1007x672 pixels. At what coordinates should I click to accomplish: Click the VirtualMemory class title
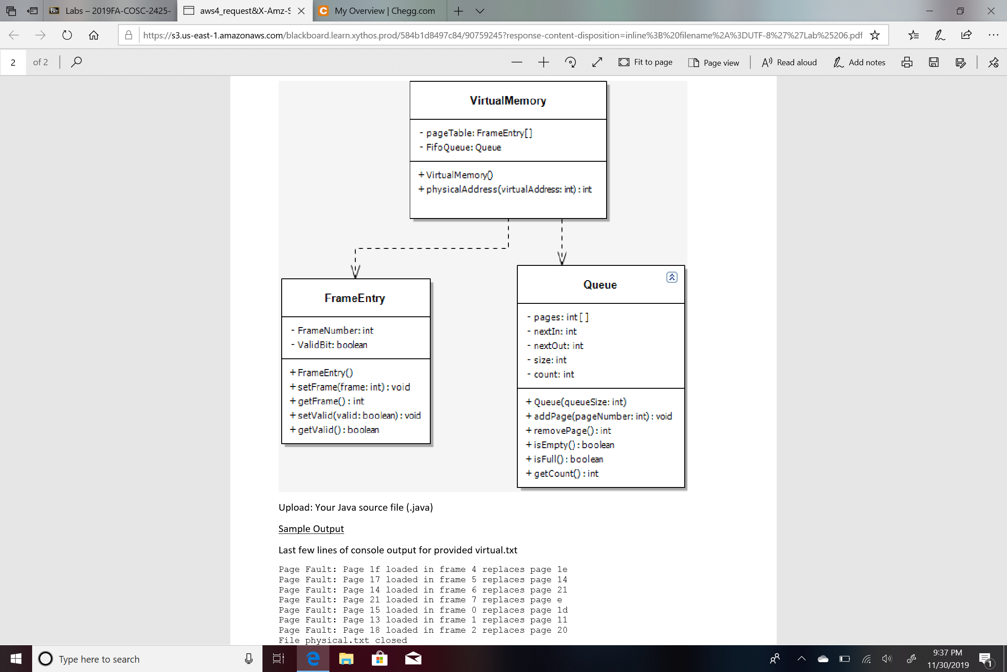508,101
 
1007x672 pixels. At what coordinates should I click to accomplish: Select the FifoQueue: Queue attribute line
463,147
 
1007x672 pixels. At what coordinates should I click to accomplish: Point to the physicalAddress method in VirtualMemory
508,189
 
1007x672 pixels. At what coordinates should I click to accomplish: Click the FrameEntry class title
355,298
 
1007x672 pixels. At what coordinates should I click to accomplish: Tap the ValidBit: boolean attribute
332,345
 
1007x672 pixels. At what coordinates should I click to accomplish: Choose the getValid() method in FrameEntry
338,430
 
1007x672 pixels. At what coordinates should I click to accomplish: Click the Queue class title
600,285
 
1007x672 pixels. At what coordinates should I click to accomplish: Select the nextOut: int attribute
558,346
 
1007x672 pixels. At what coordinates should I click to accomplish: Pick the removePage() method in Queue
572,431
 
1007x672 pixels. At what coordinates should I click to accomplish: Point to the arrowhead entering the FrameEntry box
355,271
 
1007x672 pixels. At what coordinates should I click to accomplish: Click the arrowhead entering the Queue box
562,258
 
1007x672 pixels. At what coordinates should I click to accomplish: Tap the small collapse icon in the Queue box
672,277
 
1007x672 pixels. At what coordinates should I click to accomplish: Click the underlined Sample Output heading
311,529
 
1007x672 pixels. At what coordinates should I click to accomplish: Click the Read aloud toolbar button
789,63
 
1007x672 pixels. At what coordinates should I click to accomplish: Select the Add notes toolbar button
859,63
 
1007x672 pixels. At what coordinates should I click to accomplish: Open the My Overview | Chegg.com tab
384,11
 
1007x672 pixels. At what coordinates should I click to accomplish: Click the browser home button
94,35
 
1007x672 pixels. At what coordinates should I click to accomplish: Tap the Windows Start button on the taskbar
16,659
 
